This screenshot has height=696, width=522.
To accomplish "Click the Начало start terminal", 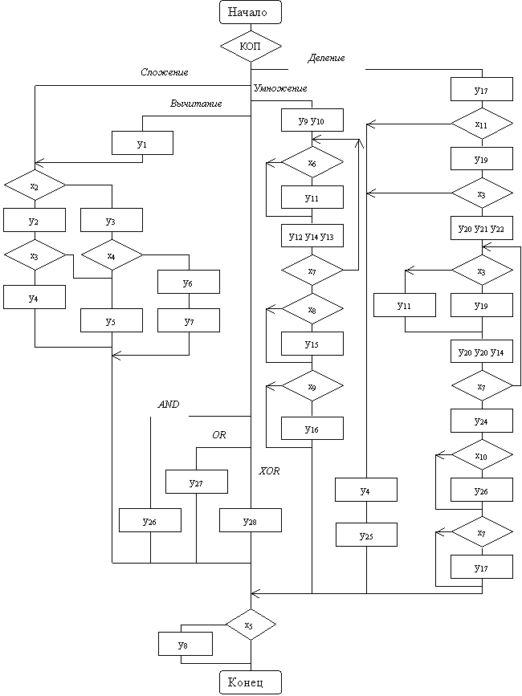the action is [251, 11].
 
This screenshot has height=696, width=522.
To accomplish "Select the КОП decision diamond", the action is [251, 47].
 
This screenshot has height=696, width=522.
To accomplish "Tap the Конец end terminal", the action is [251, 682].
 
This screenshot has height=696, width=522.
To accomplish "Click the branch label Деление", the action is [326, 58].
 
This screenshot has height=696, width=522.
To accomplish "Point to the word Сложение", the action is [165, 72].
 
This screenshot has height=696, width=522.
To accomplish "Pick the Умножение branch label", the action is [280, 88].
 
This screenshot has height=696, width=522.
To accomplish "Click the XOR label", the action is [270, 471].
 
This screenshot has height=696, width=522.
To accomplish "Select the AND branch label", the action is [169, 405].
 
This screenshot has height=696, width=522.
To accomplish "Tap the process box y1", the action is [142, 143].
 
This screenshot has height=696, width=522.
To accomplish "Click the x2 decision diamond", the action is [35, 185].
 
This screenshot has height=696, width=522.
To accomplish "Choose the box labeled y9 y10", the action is [312, 120].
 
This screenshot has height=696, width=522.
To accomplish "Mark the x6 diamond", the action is [312, 162].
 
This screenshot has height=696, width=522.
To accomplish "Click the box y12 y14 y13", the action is [312, 236].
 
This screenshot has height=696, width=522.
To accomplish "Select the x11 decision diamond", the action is [482, 124].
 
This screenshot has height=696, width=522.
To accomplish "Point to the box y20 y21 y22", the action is [482, 228].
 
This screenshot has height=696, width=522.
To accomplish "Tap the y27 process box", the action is [197, 482].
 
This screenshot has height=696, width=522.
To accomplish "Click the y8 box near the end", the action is [186, 644].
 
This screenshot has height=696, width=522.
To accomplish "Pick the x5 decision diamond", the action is [251, 625].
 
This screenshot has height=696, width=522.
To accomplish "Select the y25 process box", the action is [366, 535].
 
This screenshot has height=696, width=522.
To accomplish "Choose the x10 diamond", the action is [482, 455].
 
